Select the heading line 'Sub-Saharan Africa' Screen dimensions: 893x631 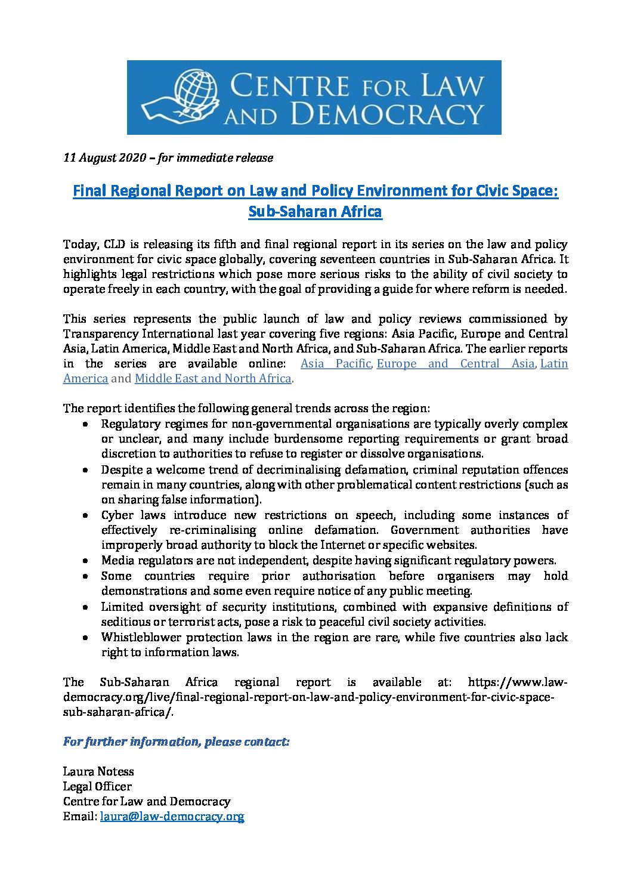pos(315,212)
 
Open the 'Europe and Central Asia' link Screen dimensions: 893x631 pos(456,363)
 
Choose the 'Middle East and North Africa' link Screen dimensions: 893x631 pos(213,378)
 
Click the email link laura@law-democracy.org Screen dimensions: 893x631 pos(172,817)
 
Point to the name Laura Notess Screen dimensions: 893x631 pos(98,771)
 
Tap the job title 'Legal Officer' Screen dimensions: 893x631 pos(97,786)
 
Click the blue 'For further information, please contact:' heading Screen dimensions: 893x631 pos(177,741)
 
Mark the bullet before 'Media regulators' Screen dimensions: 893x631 pos(87,561)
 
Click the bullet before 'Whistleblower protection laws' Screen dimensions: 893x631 pos(87,637)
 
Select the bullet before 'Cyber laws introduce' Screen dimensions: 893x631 pos(87,515)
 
